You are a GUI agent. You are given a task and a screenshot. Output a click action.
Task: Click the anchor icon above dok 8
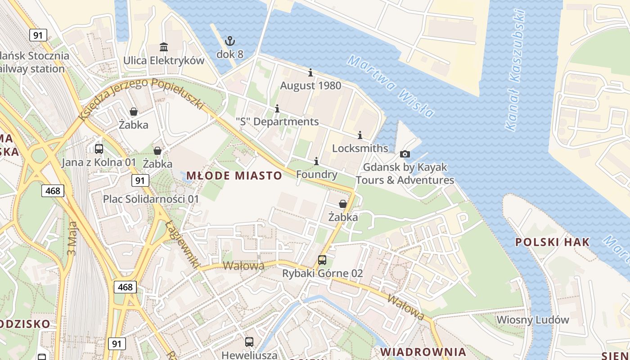(x=230, y=41)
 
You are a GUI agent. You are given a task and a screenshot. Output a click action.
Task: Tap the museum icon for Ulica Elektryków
(x=164, y=47)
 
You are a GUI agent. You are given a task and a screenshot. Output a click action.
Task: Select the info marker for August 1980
(x=310, y=73)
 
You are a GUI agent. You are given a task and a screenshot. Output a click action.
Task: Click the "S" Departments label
(x=277, y=121)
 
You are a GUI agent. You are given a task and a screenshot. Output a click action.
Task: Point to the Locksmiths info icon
(x=360, y=135)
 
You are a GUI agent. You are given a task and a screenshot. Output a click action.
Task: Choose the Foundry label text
(x=317, y=175)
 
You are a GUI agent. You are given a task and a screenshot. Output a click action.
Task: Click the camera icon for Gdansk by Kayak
(x=405, y=154)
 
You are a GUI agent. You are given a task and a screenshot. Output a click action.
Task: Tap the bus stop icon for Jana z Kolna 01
(x=99, y=149)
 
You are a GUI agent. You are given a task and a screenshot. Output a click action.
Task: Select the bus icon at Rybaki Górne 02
(x=322, y=260)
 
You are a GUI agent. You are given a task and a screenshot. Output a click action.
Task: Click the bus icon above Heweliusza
(x=249, y=342)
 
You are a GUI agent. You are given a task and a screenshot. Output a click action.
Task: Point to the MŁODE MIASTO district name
(x=234, y=175)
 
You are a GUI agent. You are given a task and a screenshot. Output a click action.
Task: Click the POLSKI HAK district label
(x=552, y=242)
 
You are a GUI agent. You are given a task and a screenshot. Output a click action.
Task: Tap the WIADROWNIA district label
(x=423, y=351)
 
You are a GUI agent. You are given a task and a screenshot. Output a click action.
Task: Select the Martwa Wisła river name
(x=391, y=86)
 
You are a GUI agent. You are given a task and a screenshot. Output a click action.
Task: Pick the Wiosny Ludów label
(x=533, y=320)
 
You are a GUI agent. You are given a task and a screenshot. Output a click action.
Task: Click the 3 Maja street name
(x=72, y=238)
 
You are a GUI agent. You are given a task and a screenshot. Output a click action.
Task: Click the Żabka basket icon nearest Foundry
(x=343, y=204)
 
